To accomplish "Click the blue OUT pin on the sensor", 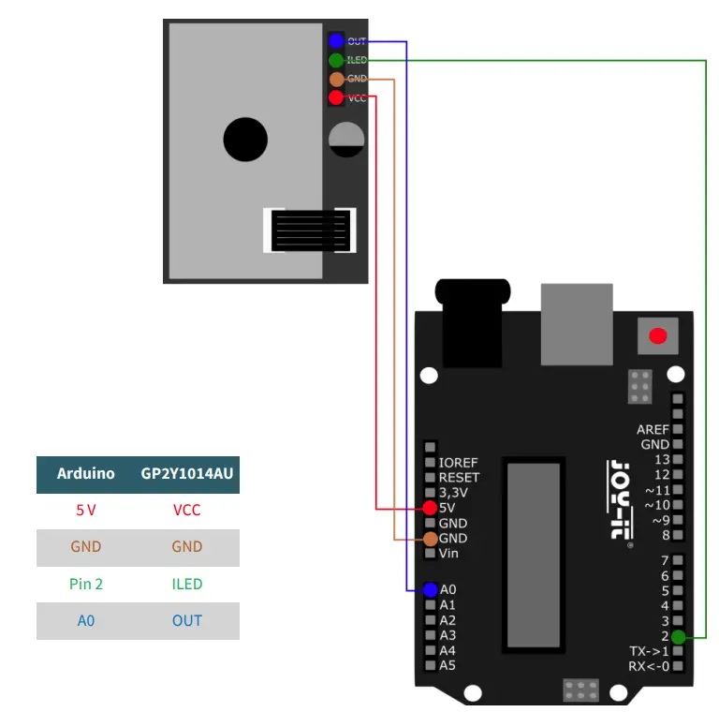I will [x=336, y=41].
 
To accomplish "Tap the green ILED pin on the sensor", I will [x=336, y=60].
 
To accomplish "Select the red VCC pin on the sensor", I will [x=336, y=97].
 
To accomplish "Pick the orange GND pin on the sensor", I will [x=336, y=80].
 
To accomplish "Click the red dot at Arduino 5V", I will [x=430, y=508].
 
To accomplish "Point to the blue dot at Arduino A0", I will [x=430, y=589].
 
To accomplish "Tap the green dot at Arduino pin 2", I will [x=677, y=636].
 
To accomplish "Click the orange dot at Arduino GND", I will [x=430, y=539].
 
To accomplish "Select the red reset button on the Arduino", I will [x=658, y=335].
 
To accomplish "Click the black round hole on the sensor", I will [x=245, y=140].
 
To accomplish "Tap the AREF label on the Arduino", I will [x=653, y=430].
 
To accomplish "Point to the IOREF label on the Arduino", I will [x=458, y=463].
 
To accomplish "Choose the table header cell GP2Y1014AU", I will [x=186, y=474].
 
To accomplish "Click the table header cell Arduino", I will [x=85, y=474].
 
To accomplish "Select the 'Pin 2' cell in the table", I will [x=85, y=584].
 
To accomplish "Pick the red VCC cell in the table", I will [x=186, y=511].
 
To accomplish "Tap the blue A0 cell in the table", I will [x=85, y=620].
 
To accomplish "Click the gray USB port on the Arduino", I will [x=576, y=324].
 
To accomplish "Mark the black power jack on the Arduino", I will [x=475, y=323].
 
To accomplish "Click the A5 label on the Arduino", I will [x=448, y=665].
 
